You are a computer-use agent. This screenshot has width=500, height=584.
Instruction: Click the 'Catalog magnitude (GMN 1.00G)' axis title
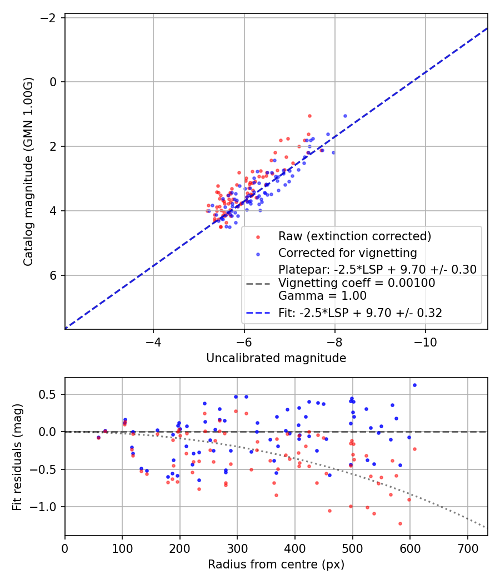pyautogui.click(x=28, y=172)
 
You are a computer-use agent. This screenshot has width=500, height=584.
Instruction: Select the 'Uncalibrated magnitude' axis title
pyautogui.click(x=276, y=358)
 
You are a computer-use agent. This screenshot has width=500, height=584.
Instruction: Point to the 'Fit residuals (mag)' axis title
pyautogui.click(x=17, y=457)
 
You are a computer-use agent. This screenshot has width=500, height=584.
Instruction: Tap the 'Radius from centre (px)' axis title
pyautogui.click(x=276, y=565)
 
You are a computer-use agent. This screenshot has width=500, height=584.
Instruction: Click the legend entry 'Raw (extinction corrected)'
pyautogui.click(x=354, y=236)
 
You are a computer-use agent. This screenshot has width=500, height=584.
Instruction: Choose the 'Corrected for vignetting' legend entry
pyautogui.click(x=347, y=253)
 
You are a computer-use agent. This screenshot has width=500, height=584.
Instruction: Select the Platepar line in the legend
pyautogui.click(x=377, y=269)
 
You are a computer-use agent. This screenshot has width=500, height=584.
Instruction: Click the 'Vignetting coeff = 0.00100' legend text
pyautogui.click(x=357, y=283)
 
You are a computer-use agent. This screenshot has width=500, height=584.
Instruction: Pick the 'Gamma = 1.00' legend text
pyautogui.click(x=322, y=296)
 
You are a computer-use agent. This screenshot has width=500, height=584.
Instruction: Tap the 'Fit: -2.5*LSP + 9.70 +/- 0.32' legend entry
pyautogui.click(x=360, y=313)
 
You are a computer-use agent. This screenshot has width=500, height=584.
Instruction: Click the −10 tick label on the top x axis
pyautogui.click(x=426, y=342)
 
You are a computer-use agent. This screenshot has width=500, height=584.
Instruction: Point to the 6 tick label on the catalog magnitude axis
pyautogui.click(x=53, y=275)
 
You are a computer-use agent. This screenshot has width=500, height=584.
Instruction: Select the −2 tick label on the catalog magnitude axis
pyautogui.click(x=48, y=17)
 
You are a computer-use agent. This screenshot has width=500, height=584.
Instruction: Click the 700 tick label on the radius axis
pyautogui.click(x=468, y=548)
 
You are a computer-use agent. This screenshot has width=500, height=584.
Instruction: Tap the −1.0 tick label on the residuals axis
pyautogui.click(x=43, y=507)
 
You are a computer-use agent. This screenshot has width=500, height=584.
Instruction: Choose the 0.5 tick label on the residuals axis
pyautogui.click(x=48, y=394)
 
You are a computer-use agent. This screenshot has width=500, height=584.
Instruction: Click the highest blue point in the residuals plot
pyautogui.click(x=415, y=385)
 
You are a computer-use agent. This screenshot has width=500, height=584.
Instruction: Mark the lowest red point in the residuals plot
pyautogui.click(x=401, y=524)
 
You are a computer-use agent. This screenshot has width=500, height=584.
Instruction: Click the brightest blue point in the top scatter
pyautogui.click(x=345, y=116)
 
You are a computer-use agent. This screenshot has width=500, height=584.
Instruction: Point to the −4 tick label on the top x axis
pyautogui.click(x=153, y=342)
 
